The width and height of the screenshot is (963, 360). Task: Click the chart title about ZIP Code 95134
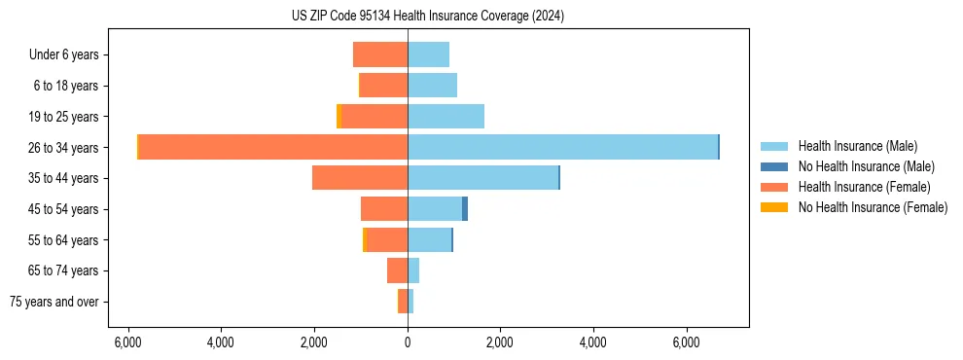pos(427,17)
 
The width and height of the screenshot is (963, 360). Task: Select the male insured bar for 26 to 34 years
pos(562,147)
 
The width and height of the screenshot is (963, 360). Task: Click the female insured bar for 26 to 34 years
pos(273,147)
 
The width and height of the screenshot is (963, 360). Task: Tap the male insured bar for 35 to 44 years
pos(482,178)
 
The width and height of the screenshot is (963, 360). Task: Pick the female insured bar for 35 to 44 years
pos(360,178)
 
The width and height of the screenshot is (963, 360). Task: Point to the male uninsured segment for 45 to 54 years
pos(465,209)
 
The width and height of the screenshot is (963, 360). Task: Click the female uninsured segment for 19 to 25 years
pos(339,116)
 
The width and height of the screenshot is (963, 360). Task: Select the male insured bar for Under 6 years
pos(428,54)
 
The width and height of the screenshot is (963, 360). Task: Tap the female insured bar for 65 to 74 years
pos(397,270)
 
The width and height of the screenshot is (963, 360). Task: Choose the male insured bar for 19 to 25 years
pos(446,116)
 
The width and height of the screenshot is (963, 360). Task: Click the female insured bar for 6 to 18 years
pos(383,86)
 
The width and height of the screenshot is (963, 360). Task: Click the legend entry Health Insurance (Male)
pos(856,146)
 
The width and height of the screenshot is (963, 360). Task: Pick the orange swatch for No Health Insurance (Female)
pos(774,207)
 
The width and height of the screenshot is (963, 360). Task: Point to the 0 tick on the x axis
pos(408,342)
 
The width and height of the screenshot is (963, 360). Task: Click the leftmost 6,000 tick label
pos(128,342)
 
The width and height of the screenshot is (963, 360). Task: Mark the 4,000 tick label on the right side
pos(592,342)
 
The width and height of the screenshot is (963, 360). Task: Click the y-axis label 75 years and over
pos(54,302)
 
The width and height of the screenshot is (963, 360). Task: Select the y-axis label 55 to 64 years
pos(63,240)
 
